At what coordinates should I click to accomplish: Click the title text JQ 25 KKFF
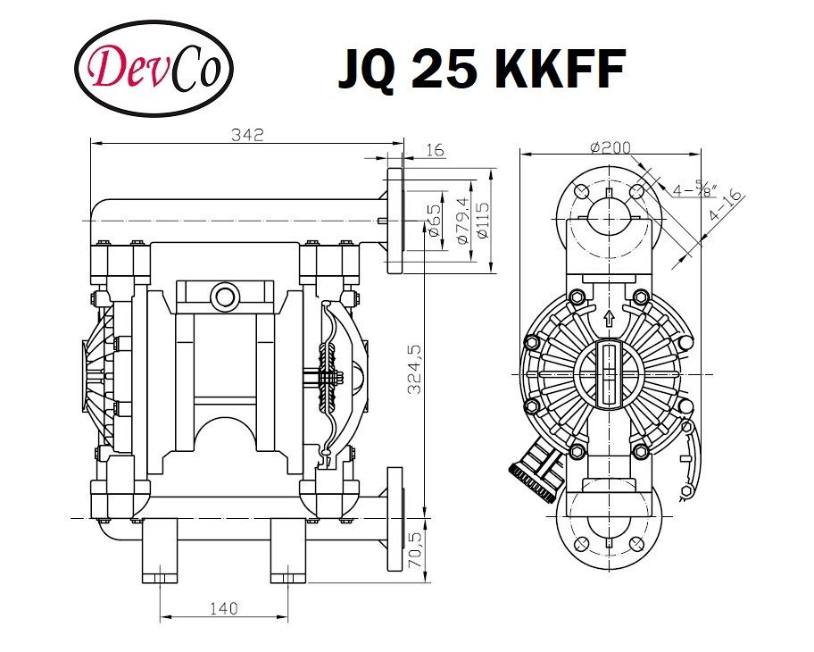(x=480, y=70)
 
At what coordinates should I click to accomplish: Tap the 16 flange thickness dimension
(x=434, y=150)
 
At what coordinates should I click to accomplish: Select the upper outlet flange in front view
(x=394, y=220)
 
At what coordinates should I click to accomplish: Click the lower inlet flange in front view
(x=394, y=517)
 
